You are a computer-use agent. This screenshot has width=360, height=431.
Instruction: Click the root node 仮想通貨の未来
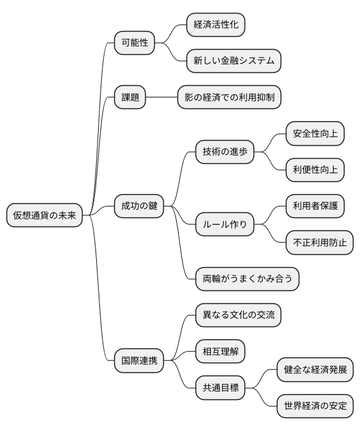[45, 215]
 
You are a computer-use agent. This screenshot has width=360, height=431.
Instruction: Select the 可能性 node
[134, 43]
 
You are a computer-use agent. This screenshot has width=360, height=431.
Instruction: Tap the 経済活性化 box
[215, 25]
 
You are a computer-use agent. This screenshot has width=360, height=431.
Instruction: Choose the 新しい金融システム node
[234, 61]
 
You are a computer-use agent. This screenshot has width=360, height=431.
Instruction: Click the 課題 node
[130, 97]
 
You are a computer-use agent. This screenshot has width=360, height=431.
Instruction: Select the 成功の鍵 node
[139, 206]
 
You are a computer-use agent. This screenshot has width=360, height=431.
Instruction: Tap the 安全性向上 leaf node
[315, 134]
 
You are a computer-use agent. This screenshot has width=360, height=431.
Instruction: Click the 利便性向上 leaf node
[315, 170]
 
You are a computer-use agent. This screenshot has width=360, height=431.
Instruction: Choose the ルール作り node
[225, 225]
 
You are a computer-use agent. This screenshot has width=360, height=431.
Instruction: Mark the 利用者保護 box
[315, 206]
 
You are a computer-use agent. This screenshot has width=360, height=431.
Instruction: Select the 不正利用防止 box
[319, 243]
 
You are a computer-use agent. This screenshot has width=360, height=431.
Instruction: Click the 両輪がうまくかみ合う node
[247, 279]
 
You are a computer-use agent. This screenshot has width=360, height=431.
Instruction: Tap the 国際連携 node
[139, 360]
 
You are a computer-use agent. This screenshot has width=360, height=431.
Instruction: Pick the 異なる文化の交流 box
[238, 315]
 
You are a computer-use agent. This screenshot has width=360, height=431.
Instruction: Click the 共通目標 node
[220, 388]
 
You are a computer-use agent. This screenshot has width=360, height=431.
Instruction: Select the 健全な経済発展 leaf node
[315, 370]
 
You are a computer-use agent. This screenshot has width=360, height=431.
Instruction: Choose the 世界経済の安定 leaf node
[315, 406]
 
